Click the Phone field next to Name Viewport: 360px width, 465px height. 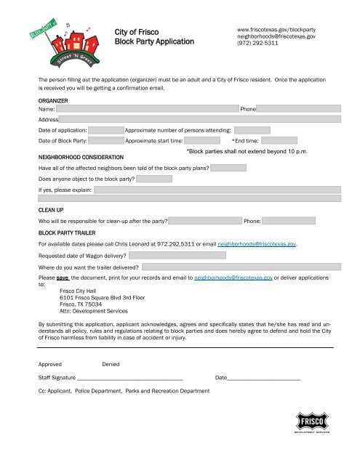tap(299, 108)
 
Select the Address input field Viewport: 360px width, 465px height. tap(200, 118)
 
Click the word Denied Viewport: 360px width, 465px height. tap(111, 363)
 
